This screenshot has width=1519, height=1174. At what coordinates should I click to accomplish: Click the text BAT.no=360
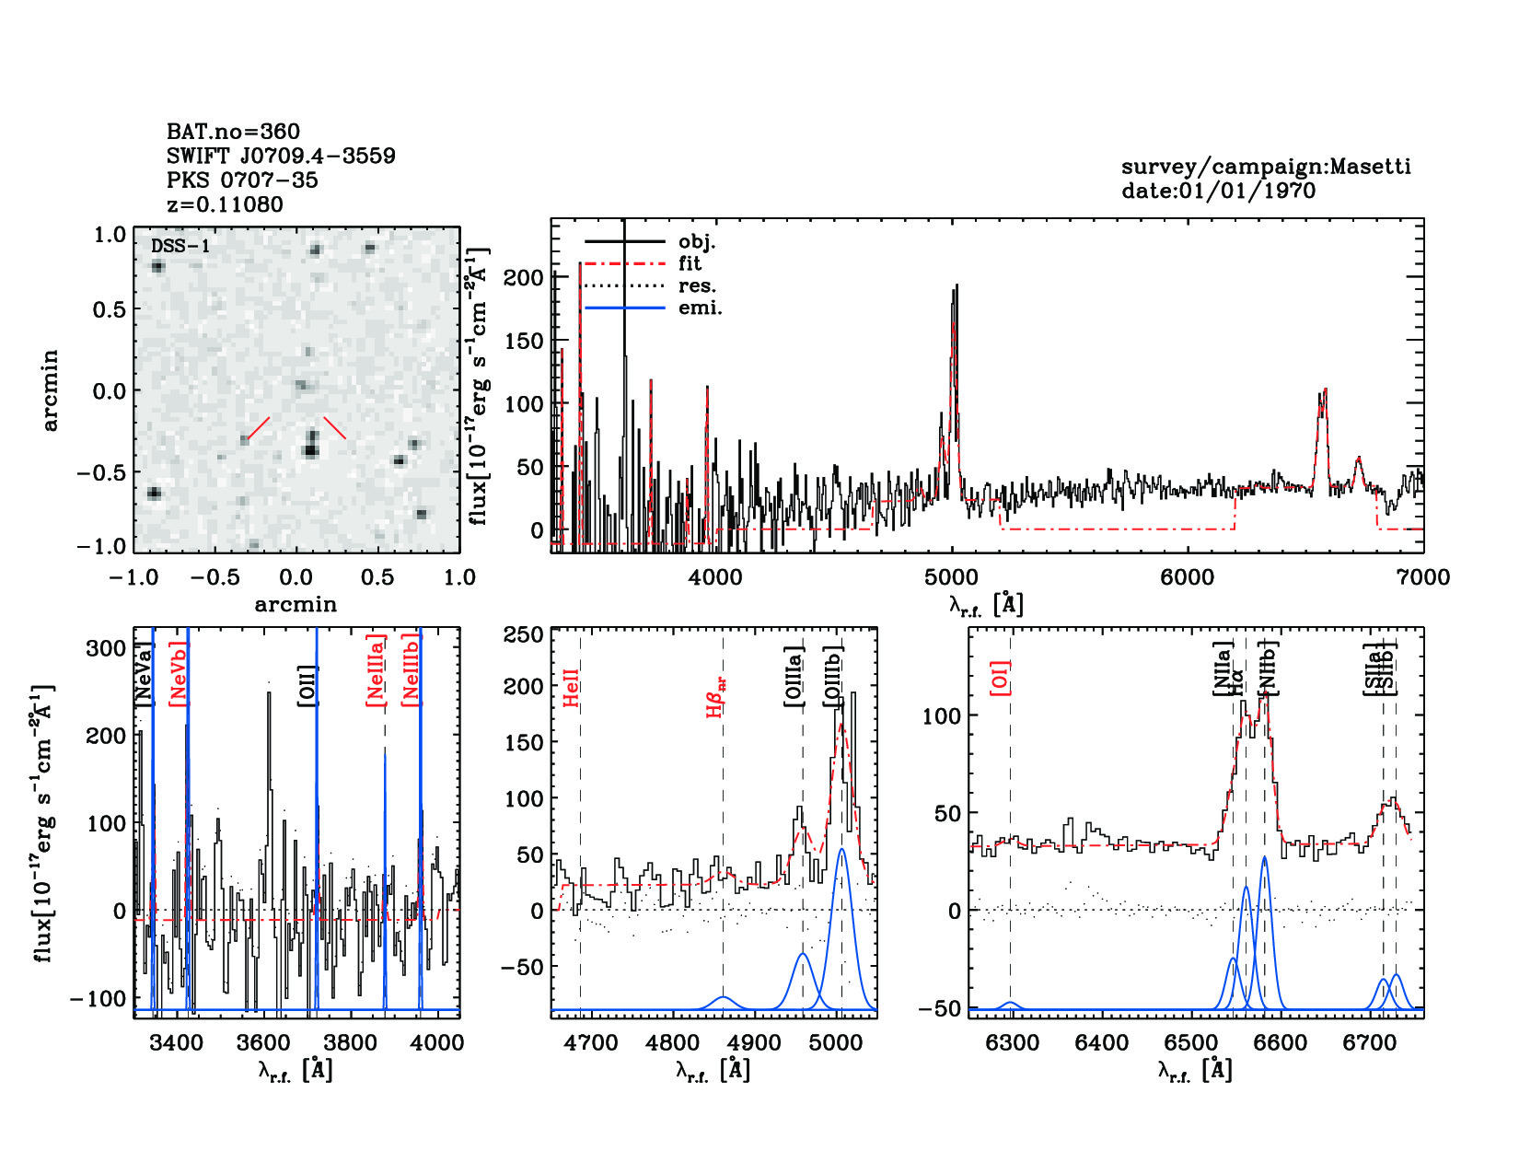pos(233,132)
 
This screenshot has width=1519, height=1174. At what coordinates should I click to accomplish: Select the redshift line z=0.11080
pos(225,204)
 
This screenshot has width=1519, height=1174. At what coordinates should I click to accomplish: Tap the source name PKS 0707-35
pos(242,180)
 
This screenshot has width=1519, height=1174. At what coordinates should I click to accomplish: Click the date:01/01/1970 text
pos(1218,192)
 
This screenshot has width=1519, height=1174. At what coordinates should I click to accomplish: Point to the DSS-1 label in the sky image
pos(180,246)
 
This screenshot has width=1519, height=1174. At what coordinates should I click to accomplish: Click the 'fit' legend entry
pos(690,264)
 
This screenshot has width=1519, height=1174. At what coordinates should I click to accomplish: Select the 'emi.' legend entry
pos(700,308)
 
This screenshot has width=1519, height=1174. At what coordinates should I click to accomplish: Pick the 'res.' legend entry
pos(697,286)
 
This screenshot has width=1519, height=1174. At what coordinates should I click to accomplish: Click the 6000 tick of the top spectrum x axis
pos(1188,578)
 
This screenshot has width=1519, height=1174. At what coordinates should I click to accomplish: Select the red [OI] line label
pos(1001,678)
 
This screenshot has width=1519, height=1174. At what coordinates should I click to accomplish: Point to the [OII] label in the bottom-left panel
pos(308,686)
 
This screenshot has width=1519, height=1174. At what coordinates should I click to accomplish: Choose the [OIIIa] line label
pos(794,676)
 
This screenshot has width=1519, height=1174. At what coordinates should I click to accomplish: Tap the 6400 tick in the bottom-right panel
pos(1101,1044)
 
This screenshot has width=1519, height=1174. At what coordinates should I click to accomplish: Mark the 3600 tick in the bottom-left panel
pos(264,1044)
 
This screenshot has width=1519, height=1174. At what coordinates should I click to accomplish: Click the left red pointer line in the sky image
pos(259,429)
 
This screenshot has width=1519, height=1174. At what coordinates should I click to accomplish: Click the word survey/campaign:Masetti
pos(1266,168)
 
